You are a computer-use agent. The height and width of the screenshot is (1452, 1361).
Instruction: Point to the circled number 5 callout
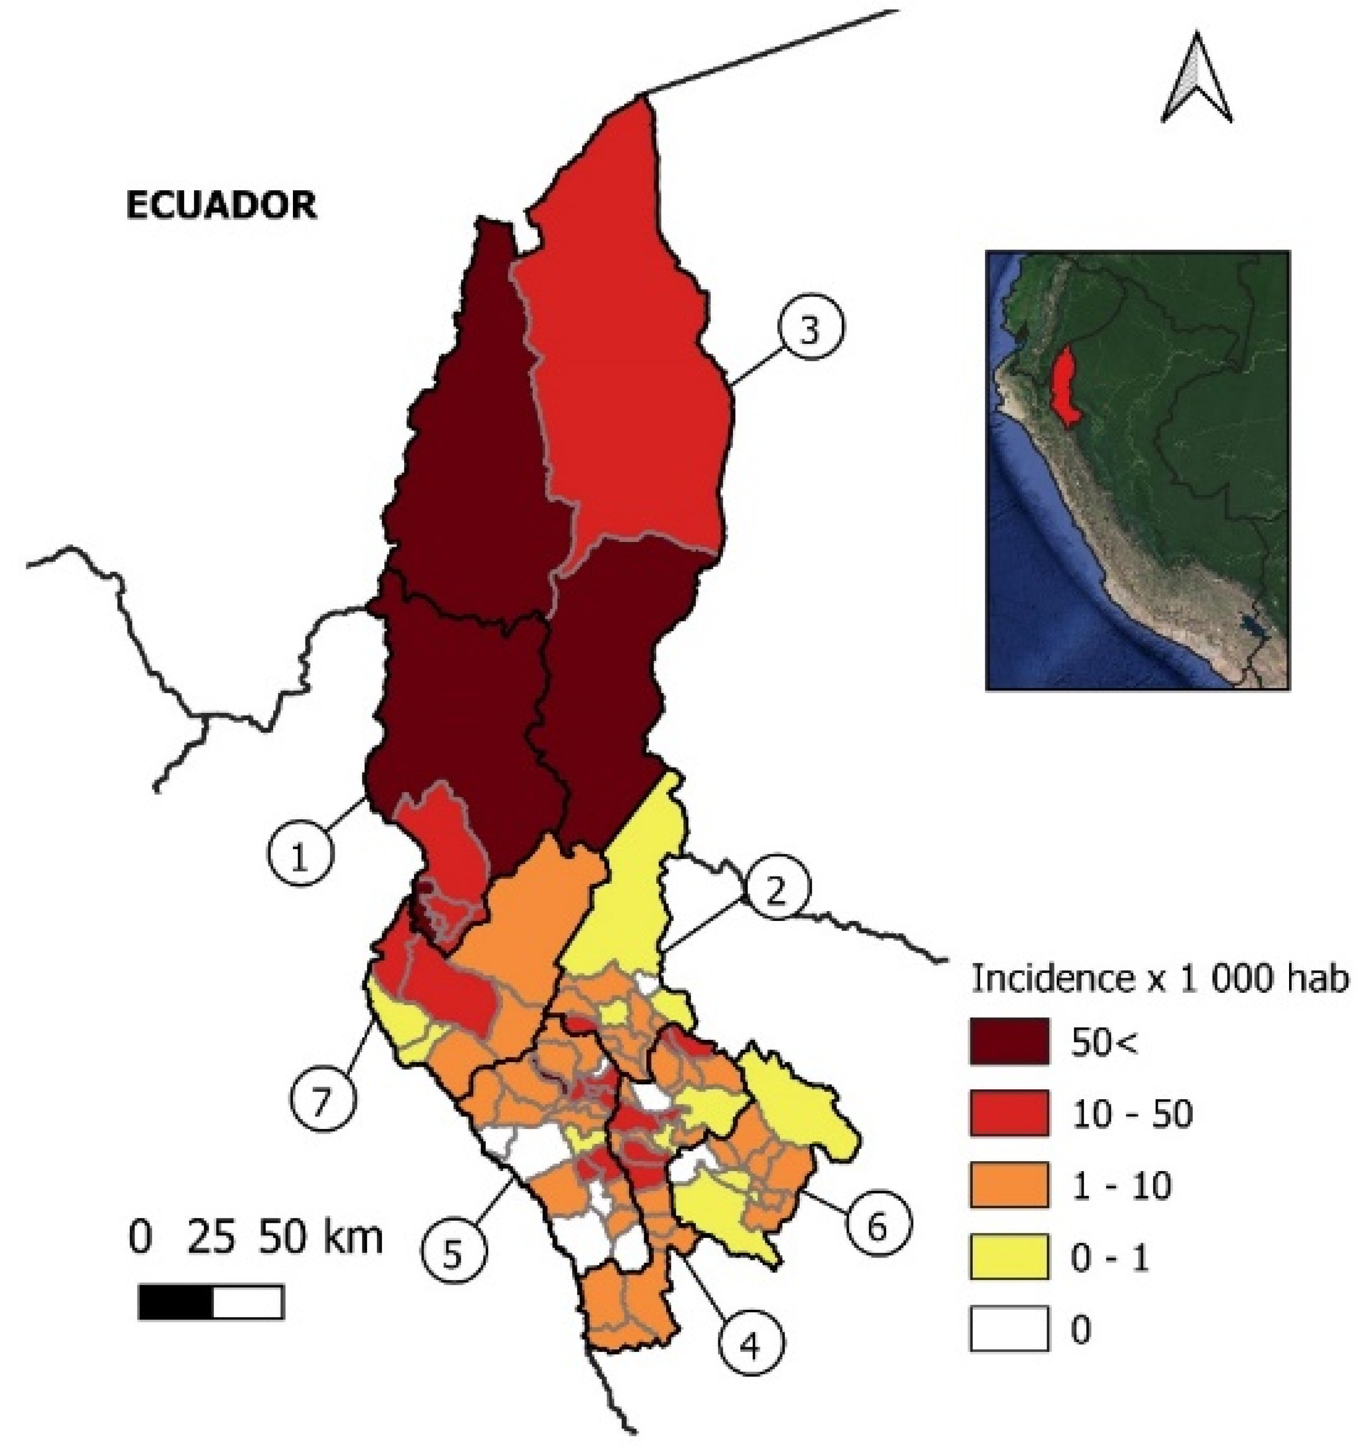coord(453,1254)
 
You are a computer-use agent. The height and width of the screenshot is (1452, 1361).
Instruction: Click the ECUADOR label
coord(222,205)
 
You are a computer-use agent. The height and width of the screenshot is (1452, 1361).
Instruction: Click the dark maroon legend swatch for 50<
coord(1009,1041)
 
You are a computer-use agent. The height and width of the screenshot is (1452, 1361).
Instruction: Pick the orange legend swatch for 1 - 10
coord(1009,1185)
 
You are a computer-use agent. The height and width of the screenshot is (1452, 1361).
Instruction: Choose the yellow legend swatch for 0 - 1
coord(1009,1256)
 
